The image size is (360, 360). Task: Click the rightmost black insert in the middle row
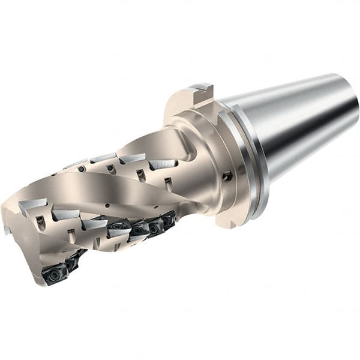[169, 220]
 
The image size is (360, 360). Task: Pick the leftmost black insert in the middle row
[119, 225]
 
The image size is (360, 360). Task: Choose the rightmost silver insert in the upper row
[162, 163]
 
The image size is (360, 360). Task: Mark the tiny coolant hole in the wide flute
[106, 205]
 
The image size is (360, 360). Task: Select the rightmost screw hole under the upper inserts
[169, 180]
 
